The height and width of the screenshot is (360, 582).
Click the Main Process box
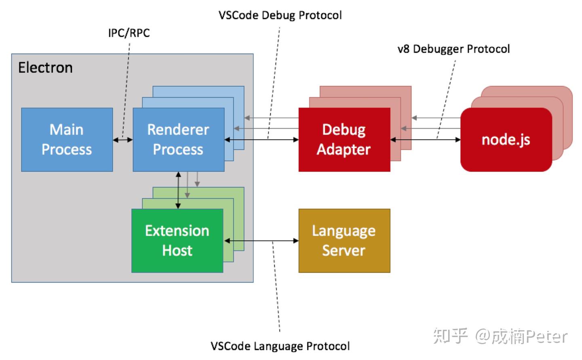point(67,140)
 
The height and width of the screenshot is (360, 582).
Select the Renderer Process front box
point(178,140)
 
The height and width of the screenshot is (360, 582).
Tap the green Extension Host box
point(177,240)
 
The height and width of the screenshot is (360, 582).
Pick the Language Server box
point(344,240)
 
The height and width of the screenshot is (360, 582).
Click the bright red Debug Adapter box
point(344,140)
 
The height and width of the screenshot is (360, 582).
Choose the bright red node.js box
point(506,140)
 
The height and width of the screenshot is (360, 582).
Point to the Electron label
point(45,68)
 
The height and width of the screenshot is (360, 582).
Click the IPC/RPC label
point(129,33)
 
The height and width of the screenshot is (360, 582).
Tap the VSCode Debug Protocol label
point(280,15)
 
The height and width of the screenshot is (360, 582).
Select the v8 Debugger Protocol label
point(453,49)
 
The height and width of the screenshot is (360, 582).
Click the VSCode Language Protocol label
point(280,346)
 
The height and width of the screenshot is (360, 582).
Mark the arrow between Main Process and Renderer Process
point(122,140)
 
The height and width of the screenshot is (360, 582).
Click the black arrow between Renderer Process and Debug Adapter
point(261,140)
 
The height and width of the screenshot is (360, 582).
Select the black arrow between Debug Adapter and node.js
point(425,140)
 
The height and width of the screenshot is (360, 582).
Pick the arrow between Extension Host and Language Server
point(261,241)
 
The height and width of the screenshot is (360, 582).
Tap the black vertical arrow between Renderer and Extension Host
point(178,190)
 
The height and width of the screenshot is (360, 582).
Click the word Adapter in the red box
point(344,150)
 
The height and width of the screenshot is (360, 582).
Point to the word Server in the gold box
point(344,250)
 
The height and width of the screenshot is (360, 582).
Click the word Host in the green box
point(177,250)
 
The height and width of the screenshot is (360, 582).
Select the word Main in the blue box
point(66,129)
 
